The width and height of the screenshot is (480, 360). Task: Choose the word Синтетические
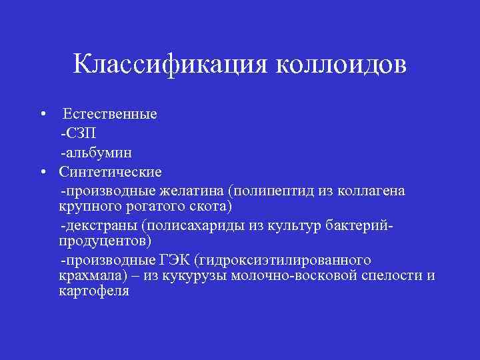pos(110,172)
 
